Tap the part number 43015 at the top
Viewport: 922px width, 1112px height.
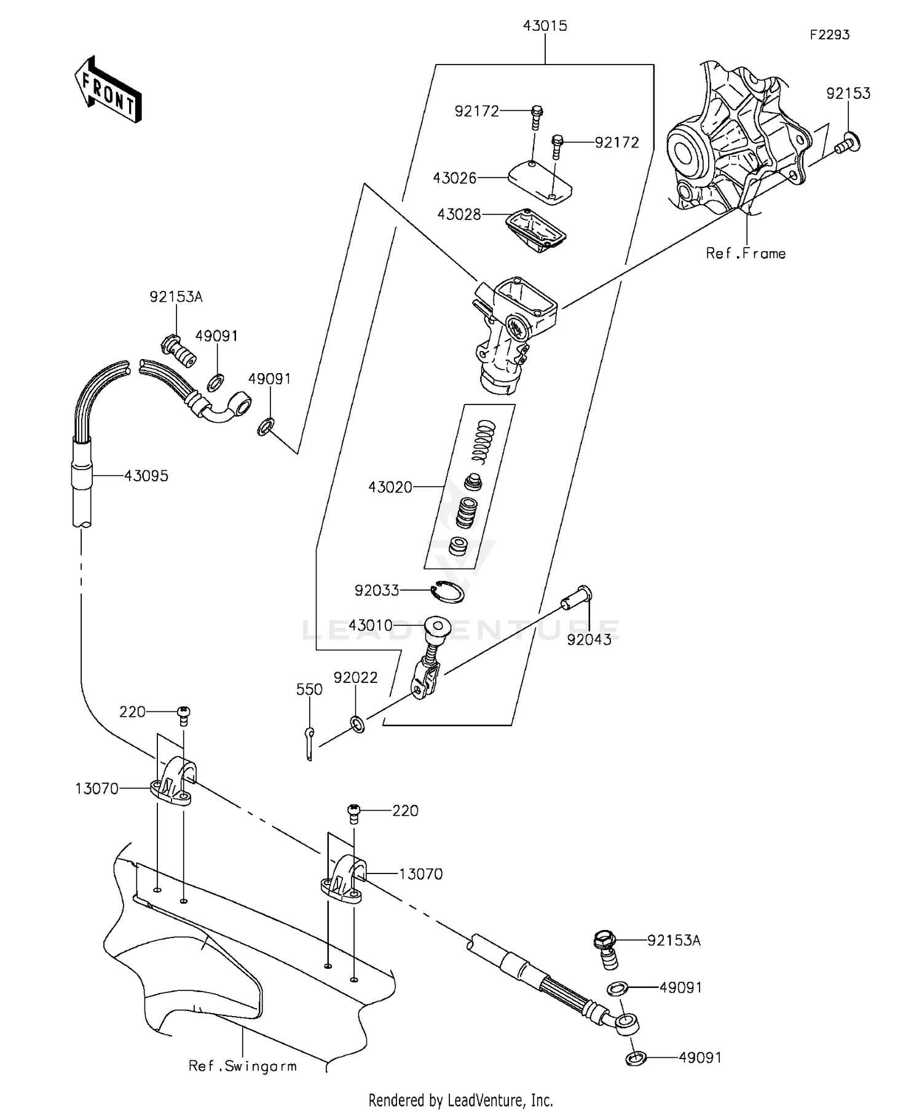coord(545,26)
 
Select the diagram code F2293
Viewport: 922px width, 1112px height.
coord(829,35)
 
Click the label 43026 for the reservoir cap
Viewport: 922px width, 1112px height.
coord(454,178)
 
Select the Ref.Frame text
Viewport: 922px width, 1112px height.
coord(746,253)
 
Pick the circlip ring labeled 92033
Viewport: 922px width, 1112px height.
coord(447,592)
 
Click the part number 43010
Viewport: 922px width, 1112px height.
coord(370,626)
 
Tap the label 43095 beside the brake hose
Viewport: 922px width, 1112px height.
coord(146,476)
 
